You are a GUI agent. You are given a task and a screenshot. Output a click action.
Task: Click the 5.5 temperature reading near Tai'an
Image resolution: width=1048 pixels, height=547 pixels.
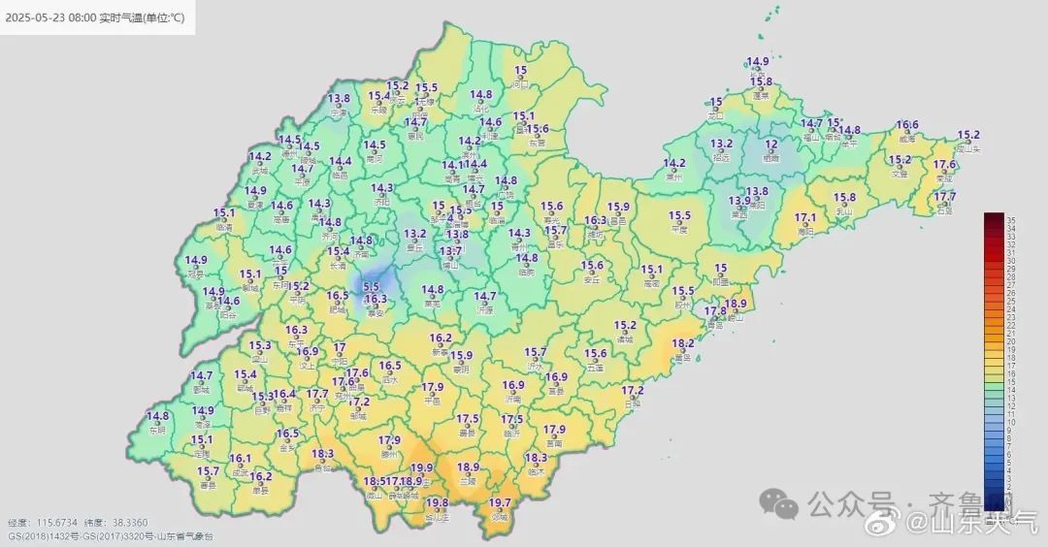click(371, 287)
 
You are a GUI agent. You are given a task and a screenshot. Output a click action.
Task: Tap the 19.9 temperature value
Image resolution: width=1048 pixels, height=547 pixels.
click(422, 467)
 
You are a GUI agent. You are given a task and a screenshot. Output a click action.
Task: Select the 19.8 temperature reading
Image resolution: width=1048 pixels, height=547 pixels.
click(438, 502)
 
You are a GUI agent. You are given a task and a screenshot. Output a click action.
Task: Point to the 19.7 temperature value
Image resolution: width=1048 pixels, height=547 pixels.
click(500, 502)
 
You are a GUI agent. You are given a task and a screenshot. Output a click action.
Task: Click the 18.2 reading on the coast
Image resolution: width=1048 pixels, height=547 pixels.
click(683, 343)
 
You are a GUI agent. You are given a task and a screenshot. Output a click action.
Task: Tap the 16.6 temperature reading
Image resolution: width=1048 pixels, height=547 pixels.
click(907, 125)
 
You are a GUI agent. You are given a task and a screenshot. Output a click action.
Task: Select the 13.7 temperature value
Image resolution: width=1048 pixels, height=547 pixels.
click(450, 251)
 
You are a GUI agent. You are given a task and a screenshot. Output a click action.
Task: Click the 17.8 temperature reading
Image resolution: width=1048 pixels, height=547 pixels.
click(715, 311)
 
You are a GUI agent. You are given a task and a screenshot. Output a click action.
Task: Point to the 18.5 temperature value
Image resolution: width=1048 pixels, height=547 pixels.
click(374, 481)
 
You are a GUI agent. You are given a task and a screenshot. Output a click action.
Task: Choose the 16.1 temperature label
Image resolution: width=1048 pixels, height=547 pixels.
click(241, 458)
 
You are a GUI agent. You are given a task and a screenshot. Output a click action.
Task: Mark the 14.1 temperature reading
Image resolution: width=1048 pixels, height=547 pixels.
click(453, 165)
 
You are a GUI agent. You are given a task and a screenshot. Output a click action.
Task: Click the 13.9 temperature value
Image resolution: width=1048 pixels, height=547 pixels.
click(739, 201)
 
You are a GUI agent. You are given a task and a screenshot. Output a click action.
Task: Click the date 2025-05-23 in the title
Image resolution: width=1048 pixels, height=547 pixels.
click(37, 18)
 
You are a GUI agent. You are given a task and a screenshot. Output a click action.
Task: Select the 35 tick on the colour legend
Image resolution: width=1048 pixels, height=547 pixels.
click(1011, 220)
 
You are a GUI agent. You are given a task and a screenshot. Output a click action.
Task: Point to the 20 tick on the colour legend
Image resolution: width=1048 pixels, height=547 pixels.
click(1011, 341)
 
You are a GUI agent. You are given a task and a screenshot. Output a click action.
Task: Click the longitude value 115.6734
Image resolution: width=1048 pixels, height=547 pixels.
click(55, 523)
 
